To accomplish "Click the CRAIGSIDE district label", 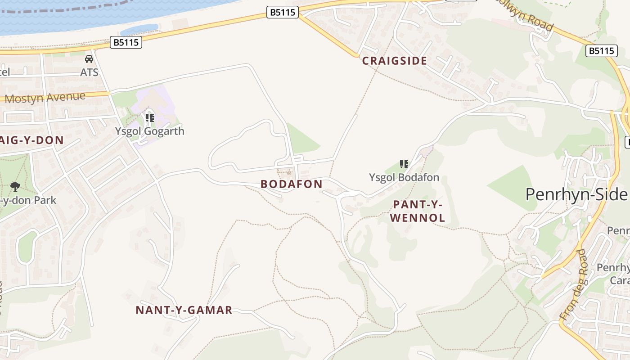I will (394, 61).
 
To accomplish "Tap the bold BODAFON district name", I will (292, 184).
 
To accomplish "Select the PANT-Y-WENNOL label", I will (418, 211).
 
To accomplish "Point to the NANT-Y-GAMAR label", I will (184, 310).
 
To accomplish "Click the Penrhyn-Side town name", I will (576, 194).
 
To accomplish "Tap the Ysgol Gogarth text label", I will (149, 131).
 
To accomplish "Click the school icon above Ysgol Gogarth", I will (150, 118).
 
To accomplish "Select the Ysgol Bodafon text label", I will (404, 177).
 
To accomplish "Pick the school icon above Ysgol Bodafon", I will (404, 164).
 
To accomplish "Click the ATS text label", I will (89, 72).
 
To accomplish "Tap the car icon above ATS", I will (89, 59).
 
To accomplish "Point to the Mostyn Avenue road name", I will (45, 98).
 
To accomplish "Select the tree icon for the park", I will (15, 186).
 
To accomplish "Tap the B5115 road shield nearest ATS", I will (126, 43).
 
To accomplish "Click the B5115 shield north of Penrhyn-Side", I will (602, 51).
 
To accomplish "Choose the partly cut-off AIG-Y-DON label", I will (32, 140).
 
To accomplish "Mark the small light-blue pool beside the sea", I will (139, 30).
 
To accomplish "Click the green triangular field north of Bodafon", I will (301, 139).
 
